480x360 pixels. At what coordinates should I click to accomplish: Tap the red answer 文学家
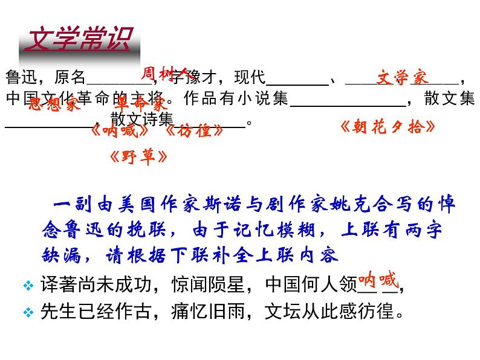(402, 77)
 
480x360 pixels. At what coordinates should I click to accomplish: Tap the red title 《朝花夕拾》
(388, 127)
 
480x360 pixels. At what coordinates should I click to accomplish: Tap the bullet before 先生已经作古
(27, 312)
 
